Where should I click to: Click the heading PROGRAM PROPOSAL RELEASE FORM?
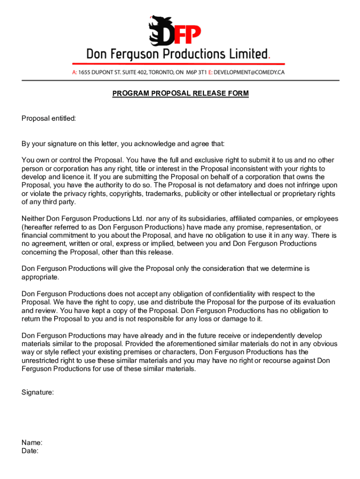point(180,94)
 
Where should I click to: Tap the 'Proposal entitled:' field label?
point(49,119)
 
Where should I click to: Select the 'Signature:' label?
point(37,393)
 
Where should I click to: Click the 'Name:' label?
point(32,443)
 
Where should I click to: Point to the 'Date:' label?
point(30,451)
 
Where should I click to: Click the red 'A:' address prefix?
point(74,73)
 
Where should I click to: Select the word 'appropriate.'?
point(40,277)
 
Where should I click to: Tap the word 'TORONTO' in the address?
point(159,73)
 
